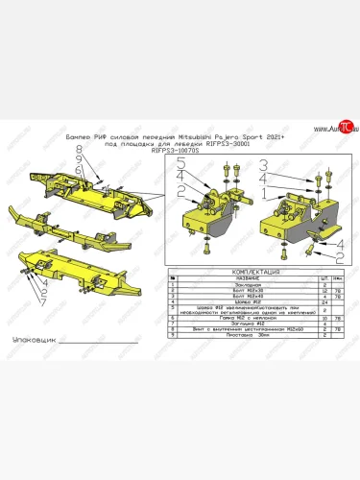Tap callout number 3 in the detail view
(180, 180)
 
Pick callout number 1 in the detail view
(262, 192)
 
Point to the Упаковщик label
(32, 340)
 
